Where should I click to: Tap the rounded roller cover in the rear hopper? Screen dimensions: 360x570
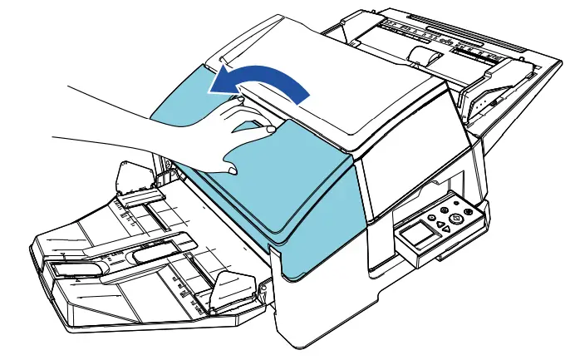426,57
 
